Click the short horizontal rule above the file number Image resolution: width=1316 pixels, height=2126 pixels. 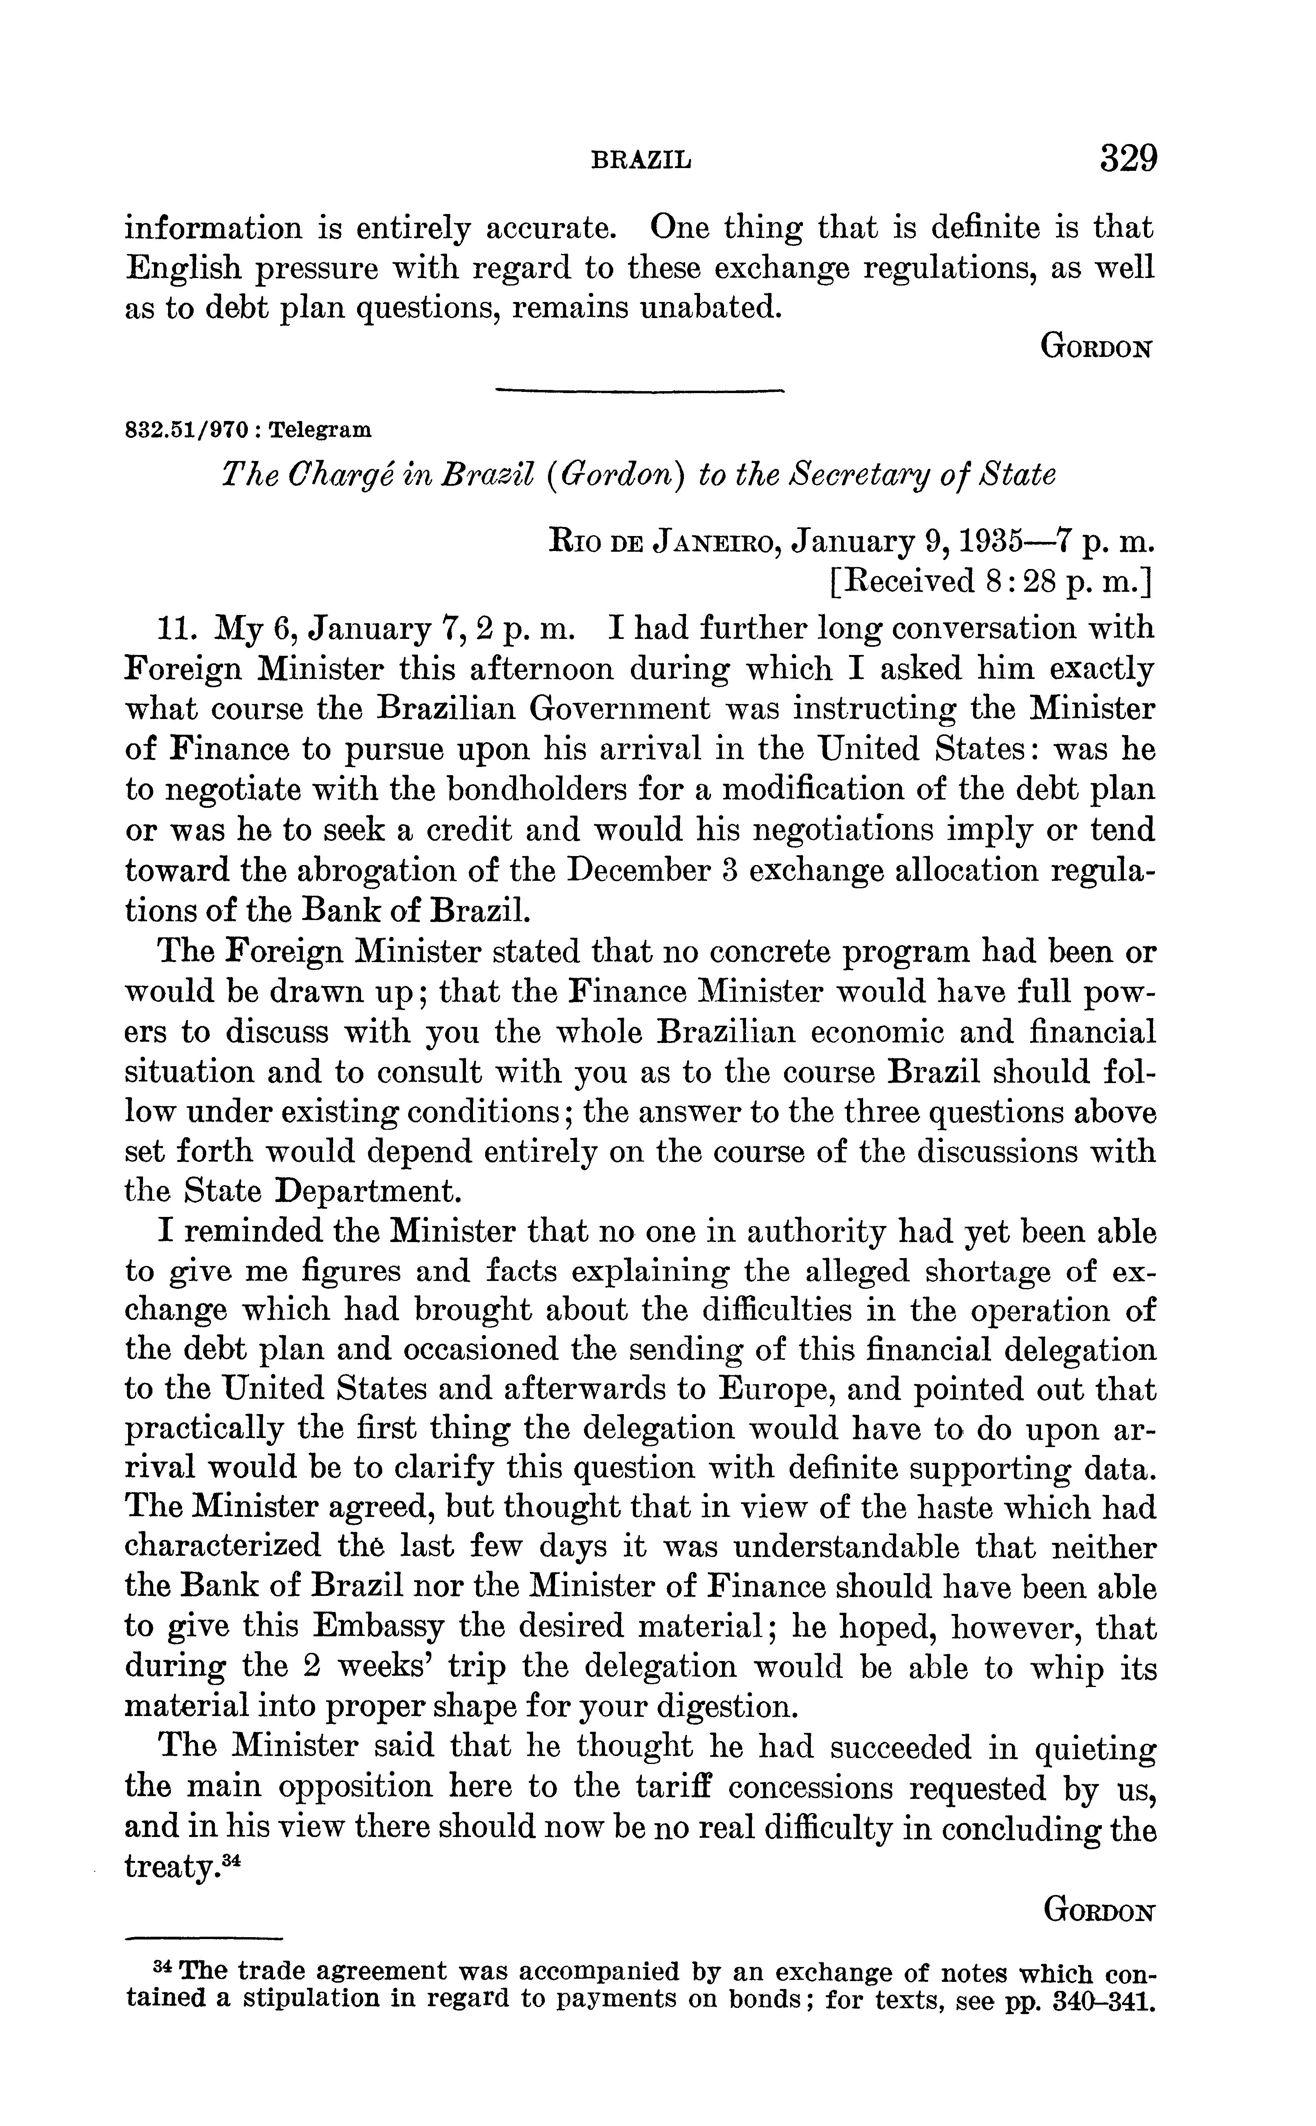pyautogui.click(x=640, y=392)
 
